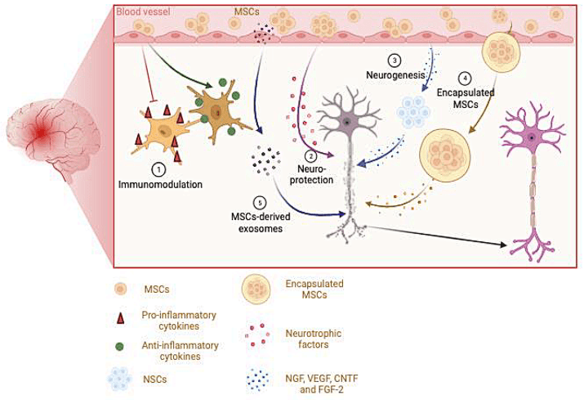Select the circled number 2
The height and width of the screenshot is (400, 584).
[311, 155]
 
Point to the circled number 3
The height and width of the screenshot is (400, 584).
[395, 60]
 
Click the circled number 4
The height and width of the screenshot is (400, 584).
[465, 79]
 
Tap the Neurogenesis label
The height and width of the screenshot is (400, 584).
[395, 74]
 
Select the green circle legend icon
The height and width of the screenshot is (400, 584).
[122, 347]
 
